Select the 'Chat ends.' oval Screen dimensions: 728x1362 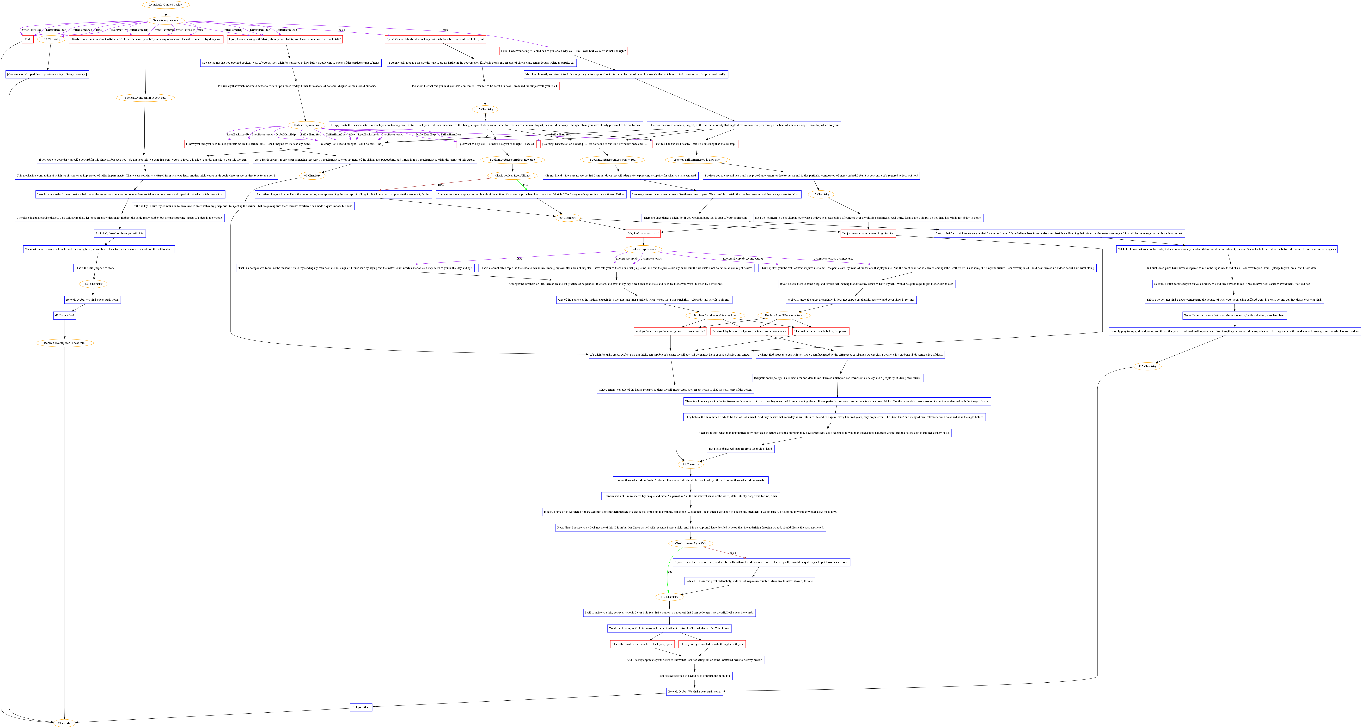(x=64, y=723)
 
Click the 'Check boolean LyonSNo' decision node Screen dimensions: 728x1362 (x=690, y=544)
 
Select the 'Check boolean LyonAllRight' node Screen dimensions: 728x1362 (x=512, y=176)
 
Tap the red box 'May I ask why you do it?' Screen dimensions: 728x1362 (x=643, y=233)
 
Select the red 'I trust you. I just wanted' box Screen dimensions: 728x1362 (x=712, y=644)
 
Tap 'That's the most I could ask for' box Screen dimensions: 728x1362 (x=642, y=644)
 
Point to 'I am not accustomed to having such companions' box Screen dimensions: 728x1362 (x=694, y=676)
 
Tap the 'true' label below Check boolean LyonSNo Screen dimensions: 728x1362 (x=669, y=571)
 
